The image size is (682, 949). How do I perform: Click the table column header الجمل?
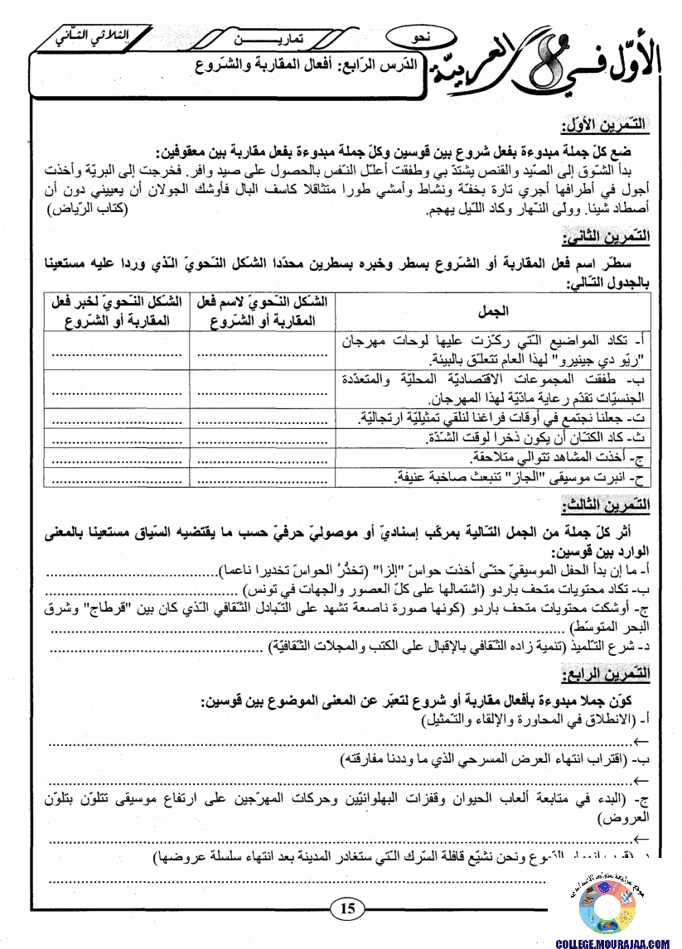pyautogui.click(x=495, y=311)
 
